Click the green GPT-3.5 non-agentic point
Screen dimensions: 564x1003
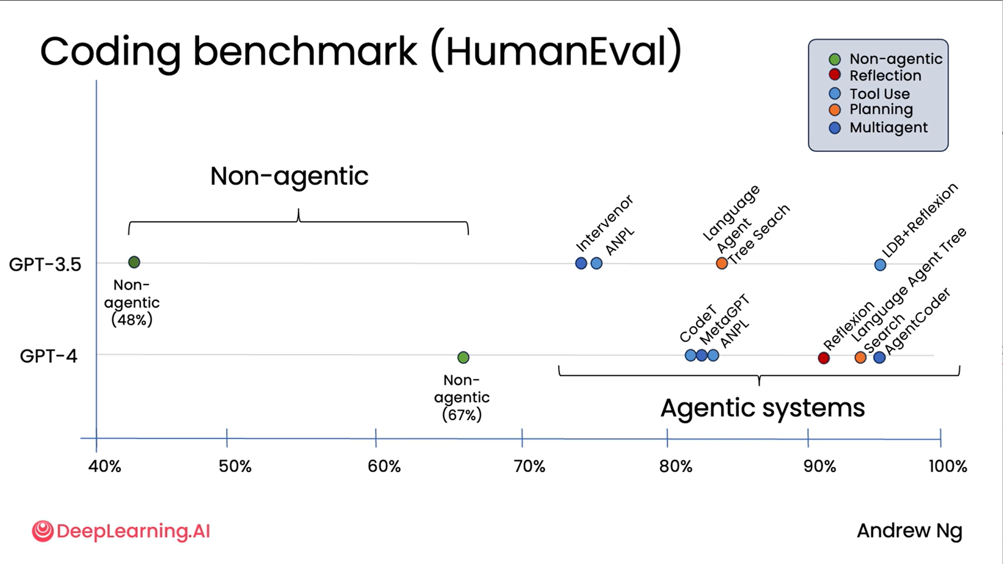(x=134, y=262)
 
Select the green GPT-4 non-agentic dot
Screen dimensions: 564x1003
(x=463, y=357)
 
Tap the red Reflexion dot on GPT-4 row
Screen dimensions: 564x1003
(x=824, y=358)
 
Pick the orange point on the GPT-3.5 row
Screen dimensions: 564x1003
(x=722, y=263)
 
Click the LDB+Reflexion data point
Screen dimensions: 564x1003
(x=880, y=265)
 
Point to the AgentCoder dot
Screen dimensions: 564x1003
(x=879, y=357)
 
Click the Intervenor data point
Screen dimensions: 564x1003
(x=581, y=263)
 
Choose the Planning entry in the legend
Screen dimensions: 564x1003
(x=881, y=109)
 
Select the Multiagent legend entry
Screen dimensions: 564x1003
(x=888, y=128)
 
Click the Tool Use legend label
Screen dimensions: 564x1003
(x=879, y=94)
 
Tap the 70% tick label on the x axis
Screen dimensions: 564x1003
(x=529, y=466)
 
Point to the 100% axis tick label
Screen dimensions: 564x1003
(x=947, y=466)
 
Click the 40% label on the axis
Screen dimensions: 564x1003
(x=105, y=466)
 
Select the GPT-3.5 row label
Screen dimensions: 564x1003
(x=45, y=264)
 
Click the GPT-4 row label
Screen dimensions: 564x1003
(x=49, y=356)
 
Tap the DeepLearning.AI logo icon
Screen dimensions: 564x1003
(x=42, y=531)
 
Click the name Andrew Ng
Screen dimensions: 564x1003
(x=909, y=531)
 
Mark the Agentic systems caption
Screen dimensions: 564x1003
(x=762, y=408)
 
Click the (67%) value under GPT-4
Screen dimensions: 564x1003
(x=462, y=415)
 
